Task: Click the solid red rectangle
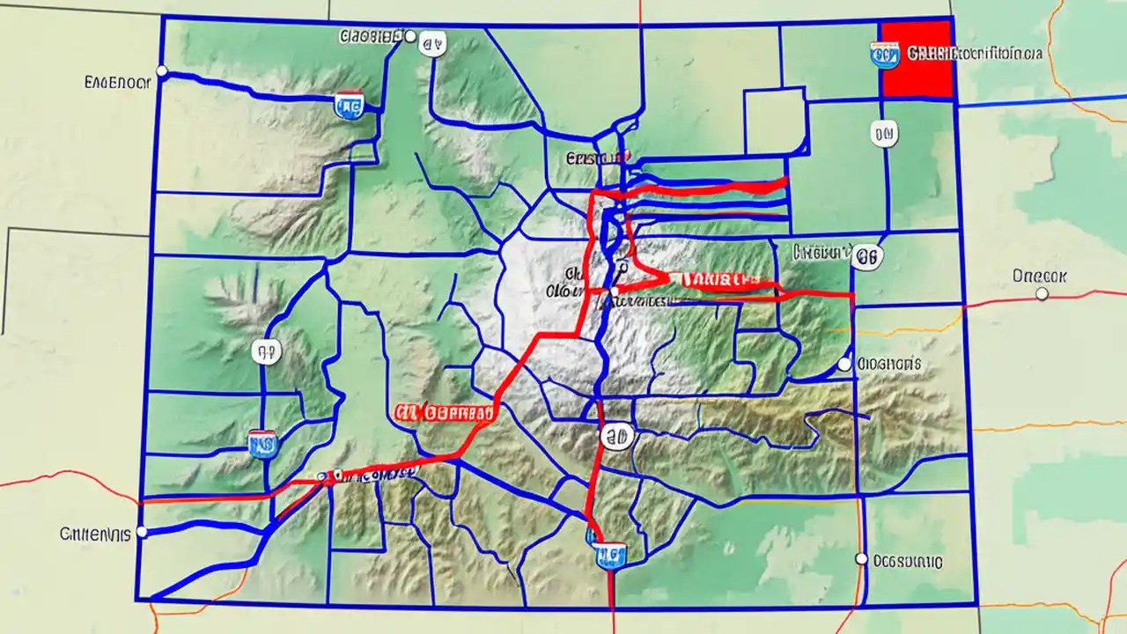coord(917,58)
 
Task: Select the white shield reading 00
coord(884,134)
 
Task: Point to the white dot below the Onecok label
coord(1042,294)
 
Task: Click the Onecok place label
coord(1040,276)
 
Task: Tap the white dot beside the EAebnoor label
coord(161,70)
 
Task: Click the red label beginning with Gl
coord(444,412)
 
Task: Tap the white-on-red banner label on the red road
coord(718,280)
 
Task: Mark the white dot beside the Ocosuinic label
coord(861,558)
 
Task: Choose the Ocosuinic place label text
coord(907,560)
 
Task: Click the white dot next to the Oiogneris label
coord(844,364)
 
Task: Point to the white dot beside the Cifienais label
coord(143,532)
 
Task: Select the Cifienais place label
coord(95,534)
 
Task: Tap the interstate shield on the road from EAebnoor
coord(349,105)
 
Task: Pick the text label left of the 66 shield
coord(821,252)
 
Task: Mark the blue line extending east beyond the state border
coord(1039,100)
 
